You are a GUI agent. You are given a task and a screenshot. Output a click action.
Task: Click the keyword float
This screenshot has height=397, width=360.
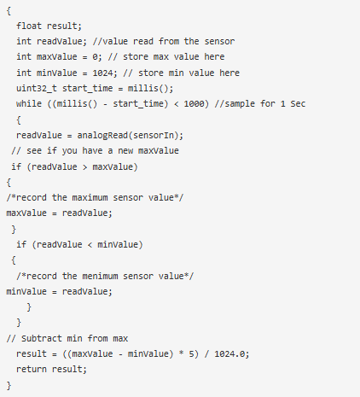29,26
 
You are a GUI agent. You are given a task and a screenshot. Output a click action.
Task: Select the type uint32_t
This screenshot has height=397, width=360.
37,88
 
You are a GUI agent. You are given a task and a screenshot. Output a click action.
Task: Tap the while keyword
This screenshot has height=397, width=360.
29,103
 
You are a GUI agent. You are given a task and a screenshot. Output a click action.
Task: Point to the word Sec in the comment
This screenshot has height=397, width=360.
298,103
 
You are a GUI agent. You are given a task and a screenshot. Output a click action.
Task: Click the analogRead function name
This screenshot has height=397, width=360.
102,135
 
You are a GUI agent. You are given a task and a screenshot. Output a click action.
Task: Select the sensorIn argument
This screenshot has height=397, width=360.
154,135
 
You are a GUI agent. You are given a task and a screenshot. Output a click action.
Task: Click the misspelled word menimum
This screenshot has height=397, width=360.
100,276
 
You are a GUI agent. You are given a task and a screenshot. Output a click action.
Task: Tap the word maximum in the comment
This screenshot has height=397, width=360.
90,197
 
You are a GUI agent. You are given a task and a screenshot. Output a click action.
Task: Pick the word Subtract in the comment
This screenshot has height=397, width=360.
42,338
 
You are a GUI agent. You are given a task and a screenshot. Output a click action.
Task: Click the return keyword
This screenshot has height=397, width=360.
32,369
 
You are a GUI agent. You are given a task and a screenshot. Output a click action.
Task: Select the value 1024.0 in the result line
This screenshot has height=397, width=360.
229,353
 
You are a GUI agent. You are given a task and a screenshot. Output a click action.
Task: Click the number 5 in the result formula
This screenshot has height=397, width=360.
191,353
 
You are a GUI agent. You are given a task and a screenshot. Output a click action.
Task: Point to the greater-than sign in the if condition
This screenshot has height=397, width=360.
84,167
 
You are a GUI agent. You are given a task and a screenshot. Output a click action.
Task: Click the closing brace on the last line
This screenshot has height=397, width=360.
9,385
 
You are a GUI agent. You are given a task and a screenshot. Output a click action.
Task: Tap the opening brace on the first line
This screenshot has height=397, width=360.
9,11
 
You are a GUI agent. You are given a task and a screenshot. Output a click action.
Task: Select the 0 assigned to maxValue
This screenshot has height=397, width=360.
95,57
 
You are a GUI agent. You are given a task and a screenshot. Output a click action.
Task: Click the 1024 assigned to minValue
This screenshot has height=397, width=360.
102,73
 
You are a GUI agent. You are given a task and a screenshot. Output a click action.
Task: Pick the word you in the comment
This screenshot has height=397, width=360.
70,151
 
